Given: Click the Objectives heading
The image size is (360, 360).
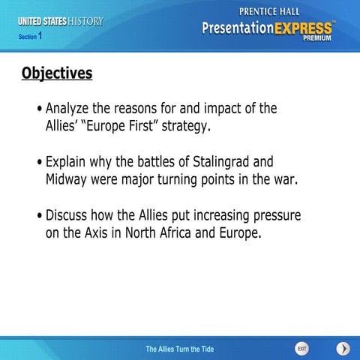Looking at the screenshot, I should pyautogui.click(x=57, y=73).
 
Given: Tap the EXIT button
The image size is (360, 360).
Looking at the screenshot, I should pyautogui.click(x=301, y=349).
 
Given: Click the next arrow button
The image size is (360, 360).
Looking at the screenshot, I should pyautogui.click(x=343, y=349).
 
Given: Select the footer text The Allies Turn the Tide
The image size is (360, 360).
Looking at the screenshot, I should pyautogui.click(x=180, y=349).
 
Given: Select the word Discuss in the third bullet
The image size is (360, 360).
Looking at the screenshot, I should pyautogui.click(x=69, y=216).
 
